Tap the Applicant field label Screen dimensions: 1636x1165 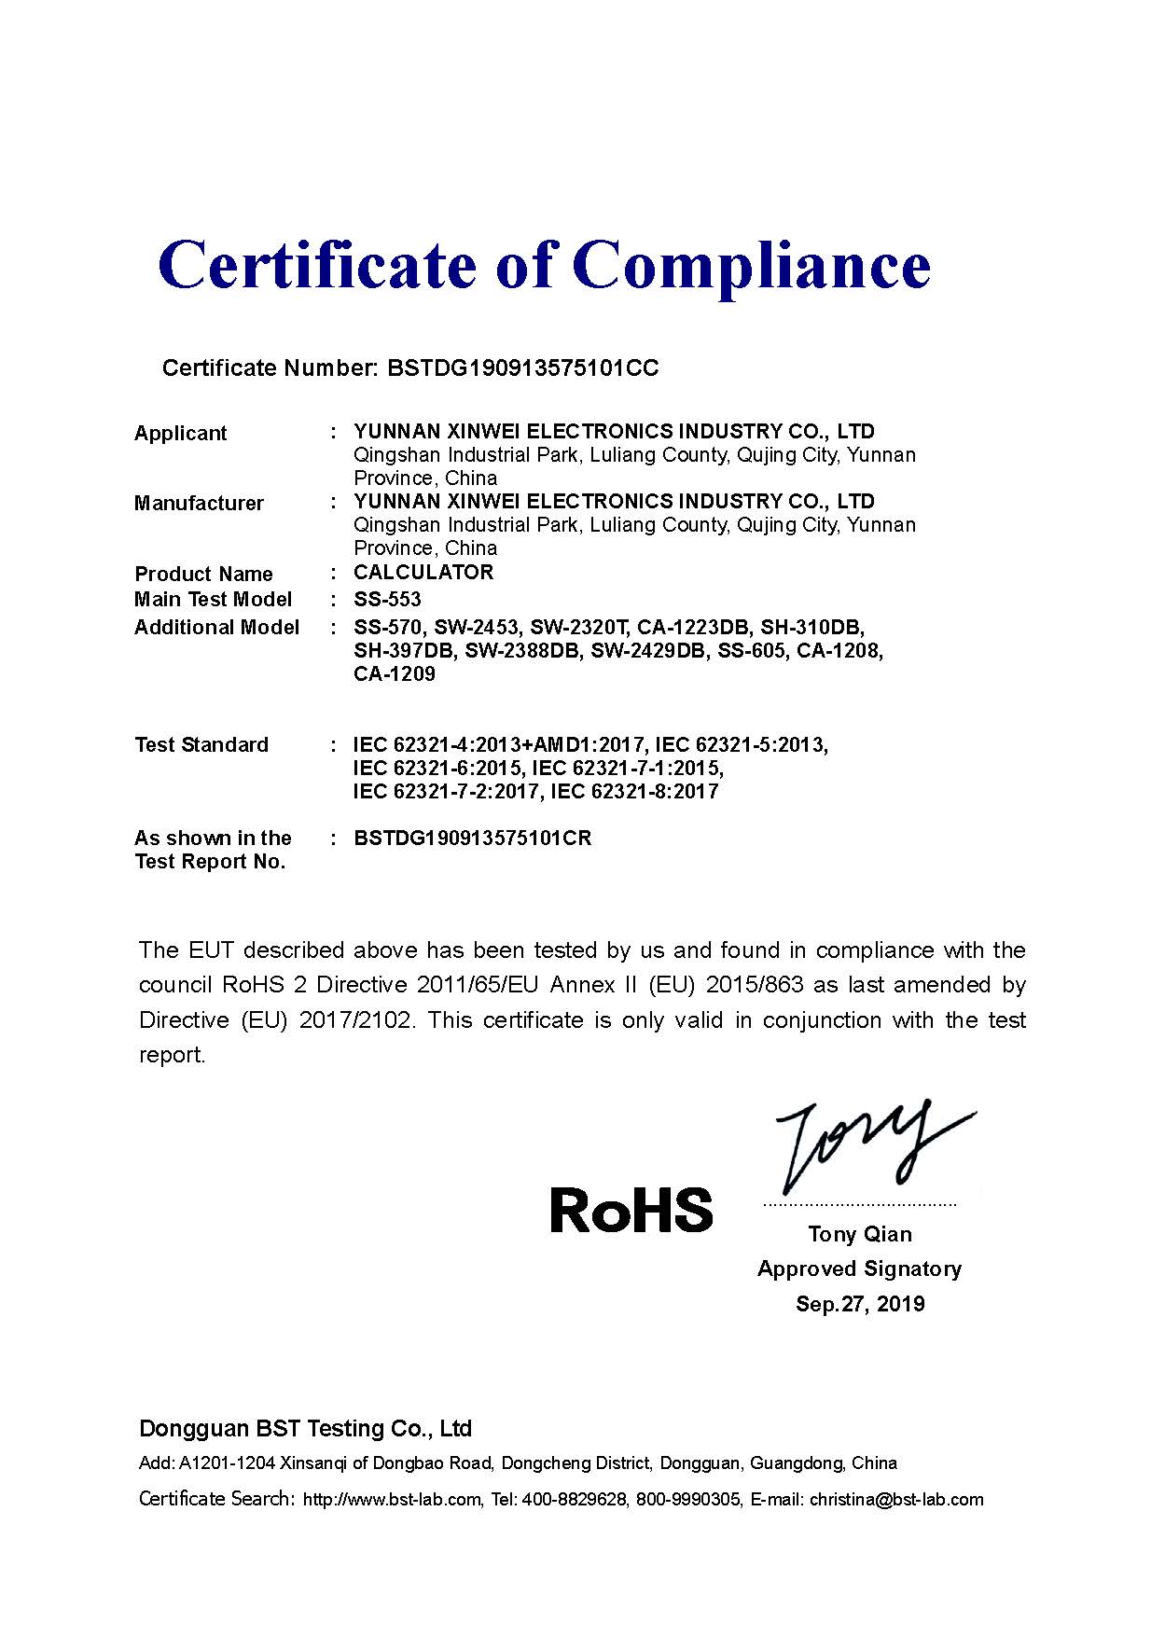pyautogui.click(x=181, y=434)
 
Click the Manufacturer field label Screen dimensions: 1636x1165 pyautogui.click(x=199, y=504)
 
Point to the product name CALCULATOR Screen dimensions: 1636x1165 pyautogui.click(x=423, y=573)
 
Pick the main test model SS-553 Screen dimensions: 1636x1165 pyautogui.click(x=387, y=599)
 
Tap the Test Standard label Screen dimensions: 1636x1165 pyautogui.click(x=201, y=745)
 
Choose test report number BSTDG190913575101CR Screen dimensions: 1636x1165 pyautogui.click(x=473, y=839)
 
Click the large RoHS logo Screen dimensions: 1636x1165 pyautogui.click(x=631, y=1210)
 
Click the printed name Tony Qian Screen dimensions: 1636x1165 pyautogui.click(x=860, y=1235)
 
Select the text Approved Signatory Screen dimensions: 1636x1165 pyautogui.click(x=859, y=1269)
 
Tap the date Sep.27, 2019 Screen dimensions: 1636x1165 pyautogui.click(x=860, y=1304)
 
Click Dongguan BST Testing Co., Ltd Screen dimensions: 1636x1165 pyautogui.click(x=305, y=1429)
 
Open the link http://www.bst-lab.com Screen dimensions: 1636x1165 pyautogui.click(x=393, y=1500)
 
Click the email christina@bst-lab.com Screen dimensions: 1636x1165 pyautogui.click(x=896, y=1500)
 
